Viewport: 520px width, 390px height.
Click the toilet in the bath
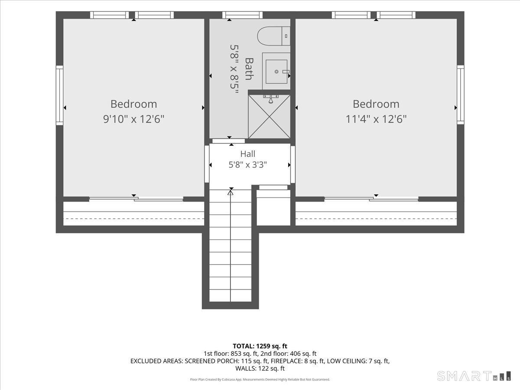pos(273,36)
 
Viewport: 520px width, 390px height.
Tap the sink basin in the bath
pos(276,71)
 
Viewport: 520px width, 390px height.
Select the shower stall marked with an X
pos(269,117)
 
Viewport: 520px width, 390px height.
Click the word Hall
pos(247,154)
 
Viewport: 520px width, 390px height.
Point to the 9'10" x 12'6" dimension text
pos(133,119)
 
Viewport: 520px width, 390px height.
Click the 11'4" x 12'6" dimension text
pos(376,119)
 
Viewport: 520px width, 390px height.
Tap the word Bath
pos(249,68)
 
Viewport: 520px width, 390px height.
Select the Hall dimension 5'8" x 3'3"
pos(247,165)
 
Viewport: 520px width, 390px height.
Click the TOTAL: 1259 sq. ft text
pos(260,346)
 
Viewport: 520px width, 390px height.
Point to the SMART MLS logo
pos(474,376)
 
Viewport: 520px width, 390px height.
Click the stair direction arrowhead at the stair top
pos(230,192)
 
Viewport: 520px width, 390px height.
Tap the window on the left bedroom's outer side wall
pos(59,95)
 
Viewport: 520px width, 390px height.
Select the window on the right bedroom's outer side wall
pos(461,95)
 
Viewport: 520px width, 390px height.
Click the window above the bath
pos(242,15)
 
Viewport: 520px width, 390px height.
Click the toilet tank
pos(286,36)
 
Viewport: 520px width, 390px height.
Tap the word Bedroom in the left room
pos(133,104)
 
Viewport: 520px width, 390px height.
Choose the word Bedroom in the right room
pos(376,104)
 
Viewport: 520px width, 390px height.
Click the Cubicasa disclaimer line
pos(260,379)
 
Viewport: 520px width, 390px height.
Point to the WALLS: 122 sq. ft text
pos(260,368)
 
